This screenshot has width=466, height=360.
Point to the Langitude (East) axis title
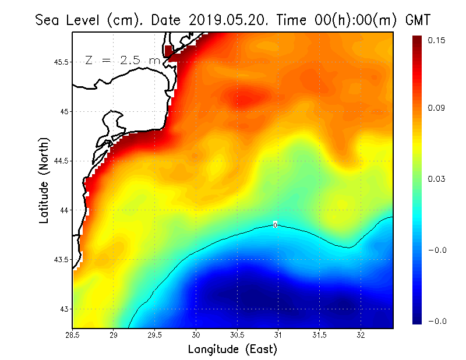[232, 350]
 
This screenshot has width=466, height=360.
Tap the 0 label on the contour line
[275, 225]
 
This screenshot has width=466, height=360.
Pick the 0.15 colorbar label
[437, 41]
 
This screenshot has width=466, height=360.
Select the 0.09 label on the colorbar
[437, 108]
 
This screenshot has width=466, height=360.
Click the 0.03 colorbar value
[437, 179]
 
